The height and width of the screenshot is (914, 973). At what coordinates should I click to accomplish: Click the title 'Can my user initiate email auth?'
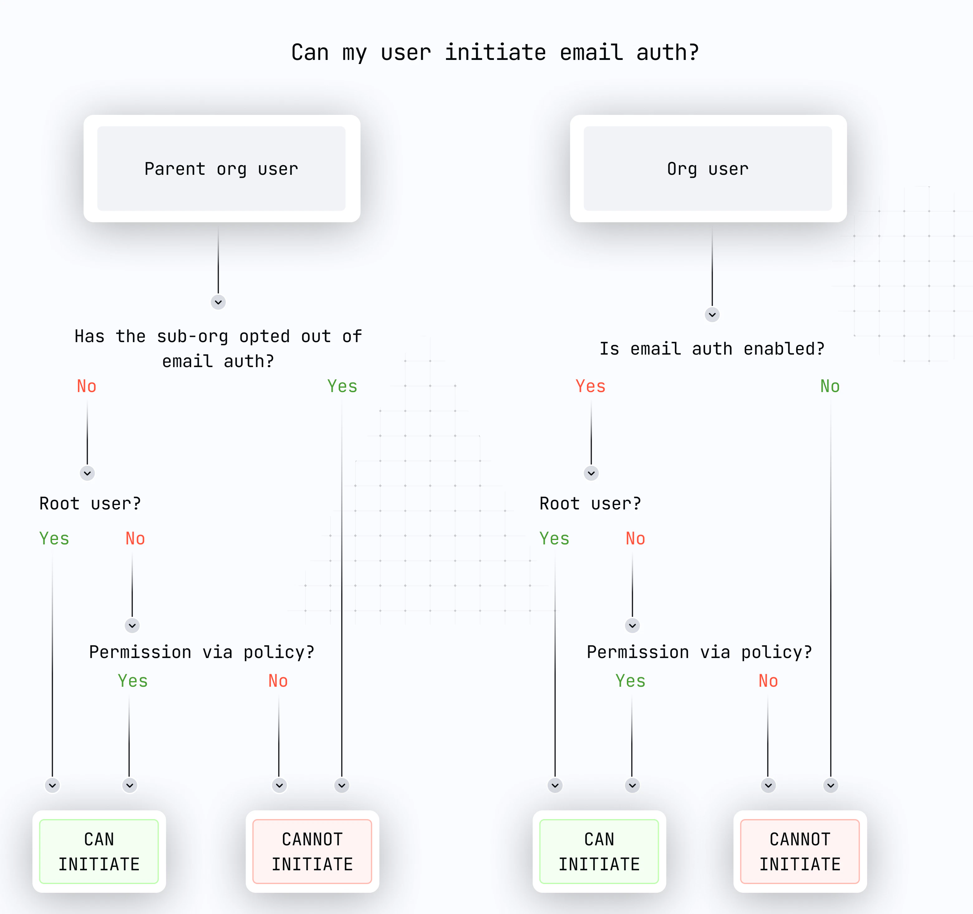coord(495,52)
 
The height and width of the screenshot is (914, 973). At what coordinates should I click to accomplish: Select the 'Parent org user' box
coord(222,169)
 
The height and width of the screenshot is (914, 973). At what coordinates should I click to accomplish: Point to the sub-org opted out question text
coord(218,349)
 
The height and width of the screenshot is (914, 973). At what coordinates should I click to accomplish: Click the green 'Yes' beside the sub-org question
coord(342,386)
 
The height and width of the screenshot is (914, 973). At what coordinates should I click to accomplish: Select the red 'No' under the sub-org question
coord(87,386)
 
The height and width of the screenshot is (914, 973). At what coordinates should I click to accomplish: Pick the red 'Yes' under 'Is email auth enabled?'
coord(590,386)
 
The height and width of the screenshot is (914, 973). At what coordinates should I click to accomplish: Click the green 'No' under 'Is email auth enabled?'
coord(830,386)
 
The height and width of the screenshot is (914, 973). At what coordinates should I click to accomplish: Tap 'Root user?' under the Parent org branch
coord(90,504)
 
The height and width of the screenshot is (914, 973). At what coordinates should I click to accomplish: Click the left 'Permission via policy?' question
coord(202,652)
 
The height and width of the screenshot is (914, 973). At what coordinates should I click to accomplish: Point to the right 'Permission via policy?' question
coord(699,652)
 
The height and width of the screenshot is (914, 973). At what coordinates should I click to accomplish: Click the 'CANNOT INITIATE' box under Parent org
coord(312,851)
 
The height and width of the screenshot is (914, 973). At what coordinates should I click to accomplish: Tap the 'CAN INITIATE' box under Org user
coord(599,851)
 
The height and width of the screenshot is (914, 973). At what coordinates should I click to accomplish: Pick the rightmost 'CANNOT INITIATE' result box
coord(800,851)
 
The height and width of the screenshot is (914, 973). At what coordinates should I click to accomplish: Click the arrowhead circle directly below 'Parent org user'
coord(218,302)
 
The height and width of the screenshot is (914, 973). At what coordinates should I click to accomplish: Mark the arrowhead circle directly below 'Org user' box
coord(712,314)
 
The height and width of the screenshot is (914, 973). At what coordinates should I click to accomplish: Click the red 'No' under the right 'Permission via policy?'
coord(768,681)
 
